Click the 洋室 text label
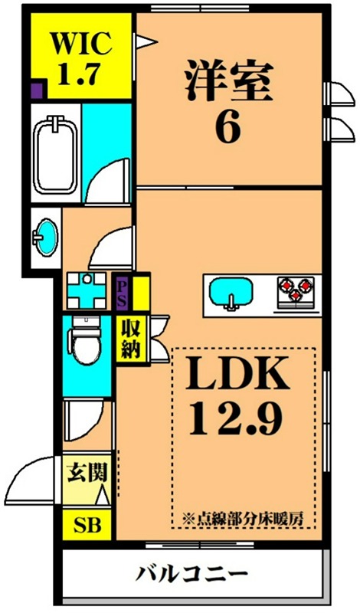227,82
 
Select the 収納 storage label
128,339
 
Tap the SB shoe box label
86,526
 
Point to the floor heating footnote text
244,517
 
